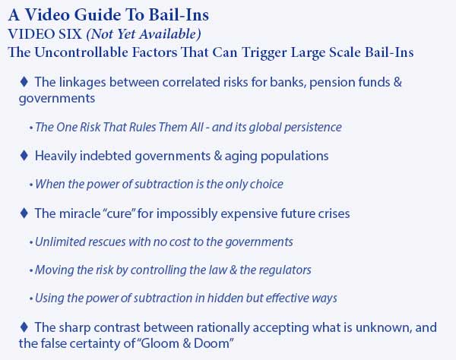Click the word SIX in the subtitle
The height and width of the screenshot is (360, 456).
(70, 34)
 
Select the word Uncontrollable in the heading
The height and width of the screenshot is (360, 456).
(81, 52)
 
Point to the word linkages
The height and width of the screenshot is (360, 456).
(83, 83)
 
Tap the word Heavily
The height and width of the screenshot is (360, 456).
(55, 156)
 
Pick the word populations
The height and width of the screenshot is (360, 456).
(295, 156)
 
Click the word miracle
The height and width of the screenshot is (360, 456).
(80, 213)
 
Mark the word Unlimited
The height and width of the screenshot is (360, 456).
(60, 242)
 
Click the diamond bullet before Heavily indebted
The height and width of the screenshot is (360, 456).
(24, 156)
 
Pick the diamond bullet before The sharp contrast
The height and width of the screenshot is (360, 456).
(24, 327)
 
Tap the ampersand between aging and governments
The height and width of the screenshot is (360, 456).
(217, 156)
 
